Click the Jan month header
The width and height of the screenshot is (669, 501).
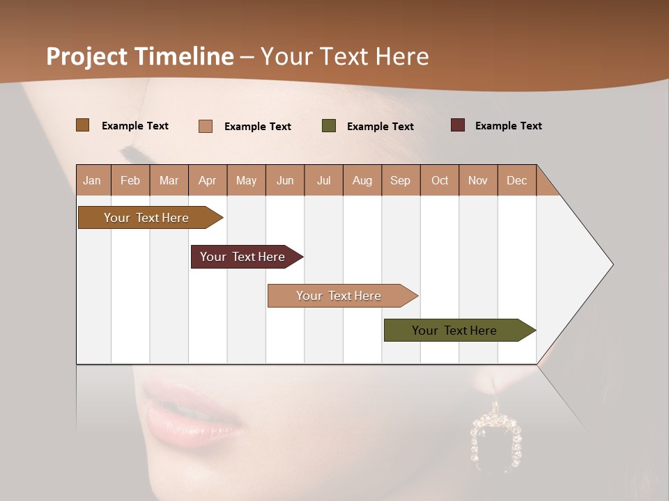(92, 180)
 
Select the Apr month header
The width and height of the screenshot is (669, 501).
(207, 180)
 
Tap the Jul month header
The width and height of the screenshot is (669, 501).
(323, 180)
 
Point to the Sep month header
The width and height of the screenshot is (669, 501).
(400, 180)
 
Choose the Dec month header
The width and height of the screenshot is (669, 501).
(516, 180)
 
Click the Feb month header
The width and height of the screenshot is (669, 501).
(130, 180)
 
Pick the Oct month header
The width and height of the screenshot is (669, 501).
(440, 180)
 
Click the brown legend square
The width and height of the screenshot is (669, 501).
(82, 125)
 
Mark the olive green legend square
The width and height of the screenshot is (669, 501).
(329, 126)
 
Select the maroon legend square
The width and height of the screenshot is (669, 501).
(457, 125)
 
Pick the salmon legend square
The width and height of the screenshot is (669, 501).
(205, 126)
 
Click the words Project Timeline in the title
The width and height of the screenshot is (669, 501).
(139, 56)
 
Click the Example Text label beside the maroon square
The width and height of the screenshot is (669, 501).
(508, 126)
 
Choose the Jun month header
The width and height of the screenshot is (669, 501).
(285, 180)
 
